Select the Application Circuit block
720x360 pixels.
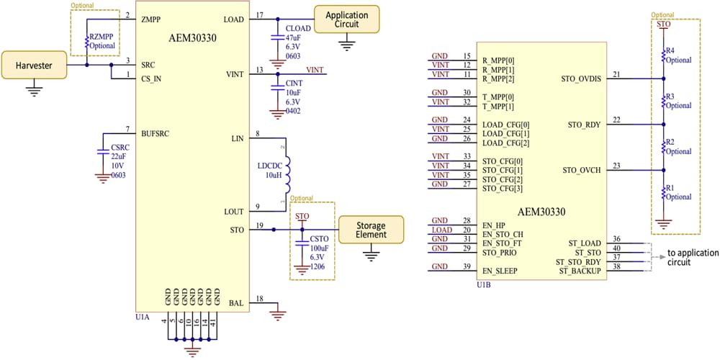pos(346,19)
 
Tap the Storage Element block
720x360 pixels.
pos(371,230)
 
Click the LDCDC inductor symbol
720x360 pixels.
pos(287,174)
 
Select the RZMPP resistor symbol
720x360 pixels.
pos(87,41)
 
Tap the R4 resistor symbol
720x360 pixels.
pos(662,55)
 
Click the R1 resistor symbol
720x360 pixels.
pos(662,192)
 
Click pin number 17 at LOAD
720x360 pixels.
pos(259,15)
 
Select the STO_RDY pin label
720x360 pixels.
pos(584,125)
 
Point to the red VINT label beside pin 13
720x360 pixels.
pos(315,69)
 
